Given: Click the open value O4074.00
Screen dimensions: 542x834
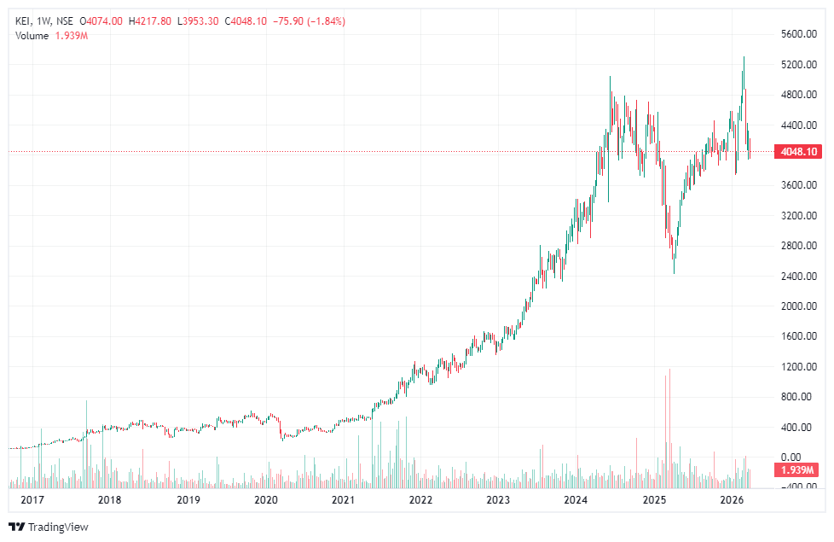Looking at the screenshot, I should point(101,21).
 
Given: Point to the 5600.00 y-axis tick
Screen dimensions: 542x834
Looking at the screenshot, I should point(799,34).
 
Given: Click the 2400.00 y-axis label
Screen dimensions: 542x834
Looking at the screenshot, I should point(799,276).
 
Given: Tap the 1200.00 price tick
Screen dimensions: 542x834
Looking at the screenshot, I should point(799,366).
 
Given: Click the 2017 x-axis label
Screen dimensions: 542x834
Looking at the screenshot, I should point(32,500).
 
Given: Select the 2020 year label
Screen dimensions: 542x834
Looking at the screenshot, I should point(266,500).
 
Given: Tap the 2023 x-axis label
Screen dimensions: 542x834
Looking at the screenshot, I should point(498,500).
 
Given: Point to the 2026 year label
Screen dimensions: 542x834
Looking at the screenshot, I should point(731,500).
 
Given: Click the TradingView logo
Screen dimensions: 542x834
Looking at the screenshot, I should point(49,527).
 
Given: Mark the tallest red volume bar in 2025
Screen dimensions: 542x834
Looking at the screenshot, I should point(670,427).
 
